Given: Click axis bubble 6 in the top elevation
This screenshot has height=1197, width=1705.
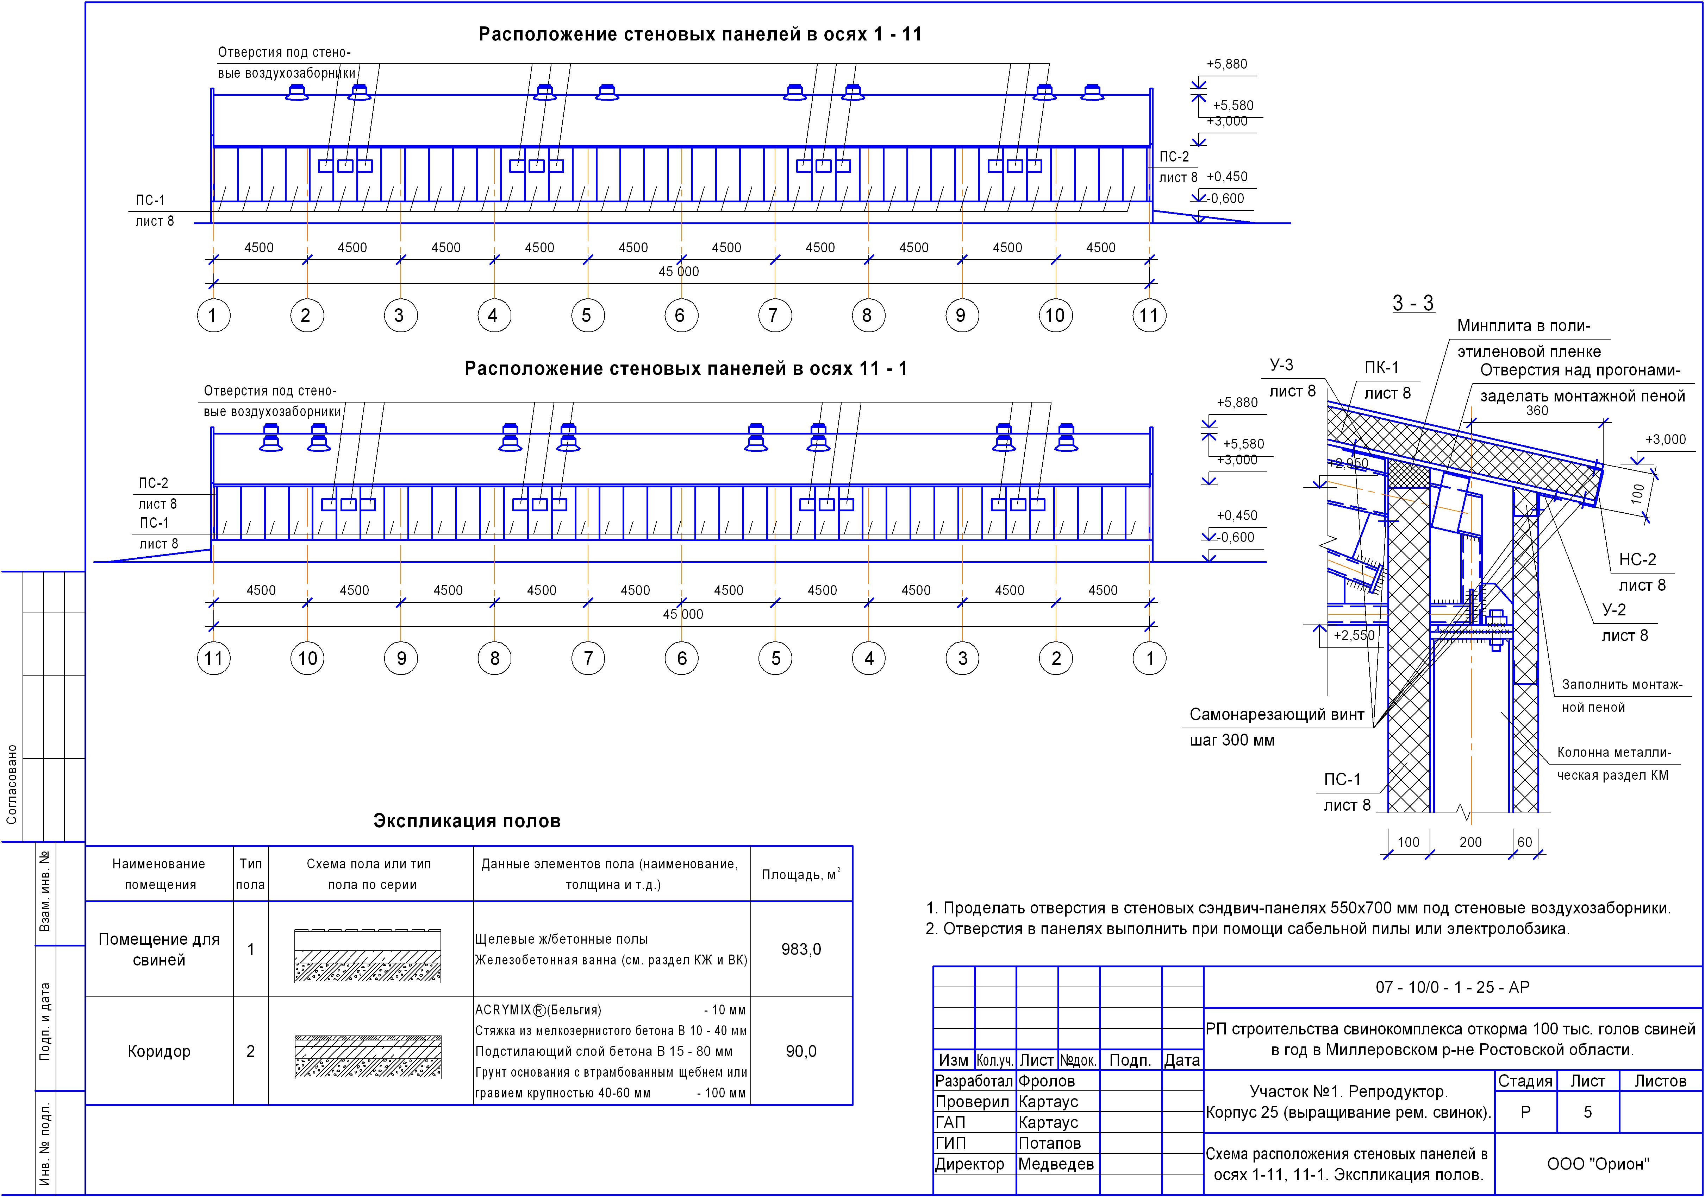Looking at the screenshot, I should [x=680, y=315].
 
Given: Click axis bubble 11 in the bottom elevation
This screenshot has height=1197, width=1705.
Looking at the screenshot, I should [x=214, y=658].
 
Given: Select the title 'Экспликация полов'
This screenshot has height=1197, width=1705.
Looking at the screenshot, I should [x=466, y=821].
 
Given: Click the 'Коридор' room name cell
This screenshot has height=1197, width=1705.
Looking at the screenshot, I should [x=159, y=1051].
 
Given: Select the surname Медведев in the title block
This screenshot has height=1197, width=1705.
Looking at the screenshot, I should [x=1055, y=1164].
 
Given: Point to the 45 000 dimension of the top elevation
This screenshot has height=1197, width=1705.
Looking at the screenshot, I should [x=679, y=272].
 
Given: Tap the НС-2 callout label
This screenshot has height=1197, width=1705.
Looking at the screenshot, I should [x=1637, y=559].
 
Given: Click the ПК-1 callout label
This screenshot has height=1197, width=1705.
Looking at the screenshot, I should [x=1381, y=367].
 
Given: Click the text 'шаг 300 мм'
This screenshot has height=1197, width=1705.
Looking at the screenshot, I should [x=1232, y=740].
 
